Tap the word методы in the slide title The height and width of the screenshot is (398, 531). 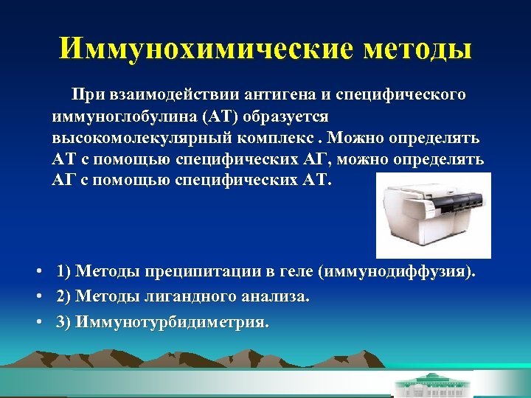click(x=417, y=49)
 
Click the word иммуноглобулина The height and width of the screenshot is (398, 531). click(x=116, y=116)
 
